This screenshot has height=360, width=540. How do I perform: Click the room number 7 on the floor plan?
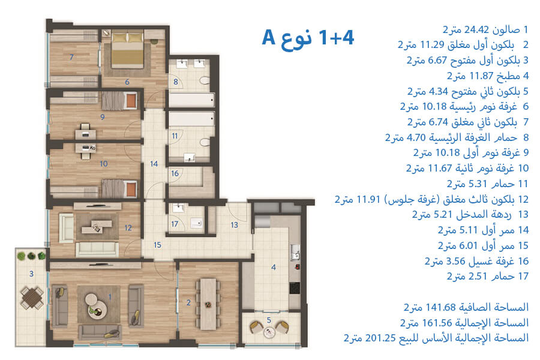tap(71, 57)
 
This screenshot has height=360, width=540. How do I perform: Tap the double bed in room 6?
tap(127, 49)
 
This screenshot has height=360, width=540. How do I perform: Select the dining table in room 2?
tap(208, 304)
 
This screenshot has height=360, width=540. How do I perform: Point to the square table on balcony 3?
tap(32, 298)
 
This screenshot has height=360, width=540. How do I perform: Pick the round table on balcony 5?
tap(269, 332)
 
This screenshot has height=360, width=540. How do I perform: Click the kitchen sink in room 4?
tap(295, 252)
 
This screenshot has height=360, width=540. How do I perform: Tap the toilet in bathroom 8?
tap(205, 80)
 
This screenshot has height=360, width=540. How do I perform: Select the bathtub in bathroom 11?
tap(191, 119)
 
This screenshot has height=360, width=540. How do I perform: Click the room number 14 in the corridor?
tap(154, 164)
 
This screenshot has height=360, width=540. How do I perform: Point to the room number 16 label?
tap(175, 173)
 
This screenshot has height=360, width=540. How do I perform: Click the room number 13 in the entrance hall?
tap(234, 225)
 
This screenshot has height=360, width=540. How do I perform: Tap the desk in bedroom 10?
tap(86, 149)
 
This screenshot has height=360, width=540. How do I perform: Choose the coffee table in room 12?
tap(97, 226)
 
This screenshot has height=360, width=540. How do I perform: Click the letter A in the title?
tap(268, 37)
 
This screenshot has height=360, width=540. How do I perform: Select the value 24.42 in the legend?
tap(476, 29)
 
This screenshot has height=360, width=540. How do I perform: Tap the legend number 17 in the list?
tap(523, 276)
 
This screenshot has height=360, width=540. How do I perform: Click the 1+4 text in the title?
tap(336, 37)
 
